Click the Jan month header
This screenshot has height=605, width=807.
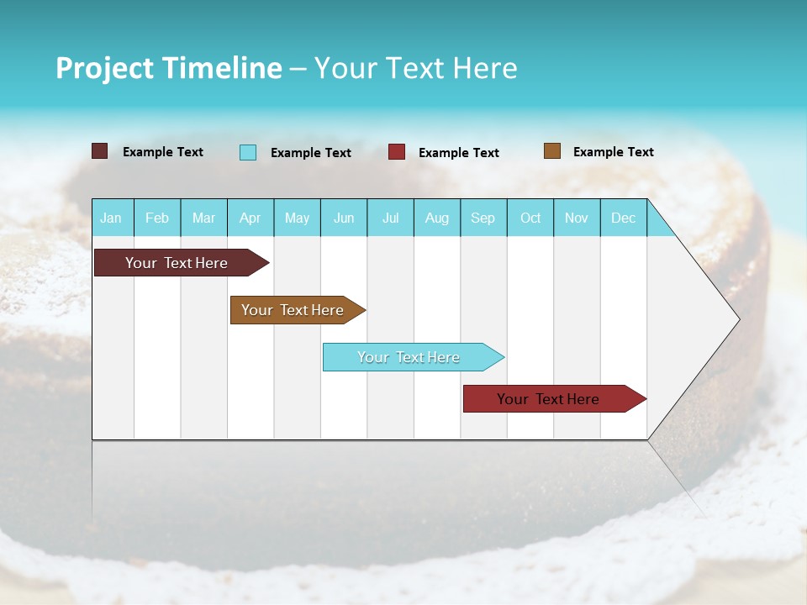pos(111,218)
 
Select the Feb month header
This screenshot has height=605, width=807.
pos(157,218)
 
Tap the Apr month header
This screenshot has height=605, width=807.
pos(250,218)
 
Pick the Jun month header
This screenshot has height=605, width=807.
pos(344,218)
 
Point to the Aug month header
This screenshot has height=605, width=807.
pos(437,218)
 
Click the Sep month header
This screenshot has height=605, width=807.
pos(483,218)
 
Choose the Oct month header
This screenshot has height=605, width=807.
pos(530,218)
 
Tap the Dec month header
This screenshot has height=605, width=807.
pos(624,218)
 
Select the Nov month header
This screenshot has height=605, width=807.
pos(577,218)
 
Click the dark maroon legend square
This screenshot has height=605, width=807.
pos(99,151)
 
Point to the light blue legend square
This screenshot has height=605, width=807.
pos(248,152)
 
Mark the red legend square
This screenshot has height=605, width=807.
pos(397,152)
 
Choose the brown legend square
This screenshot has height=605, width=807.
pos(551,151)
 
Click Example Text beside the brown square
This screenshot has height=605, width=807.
pos(613,152)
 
